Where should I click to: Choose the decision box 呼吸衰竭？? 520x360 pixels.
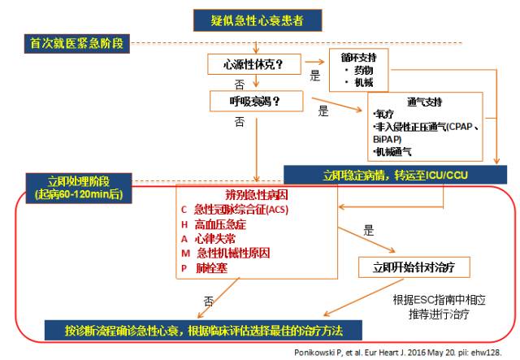(x=256, y=102)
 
